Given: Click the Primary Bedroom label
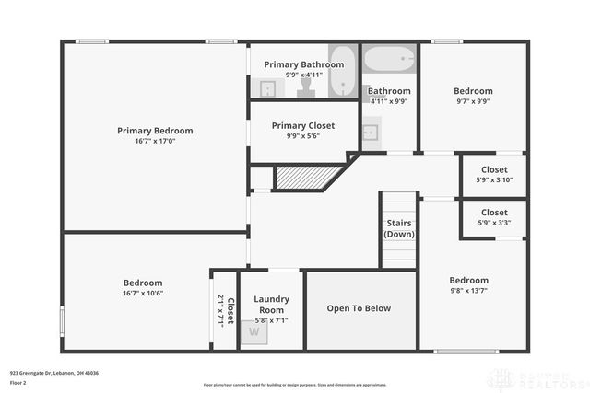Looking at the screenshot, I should click(155, 131).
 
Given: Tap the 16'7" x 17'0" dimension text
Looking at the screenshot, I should click(155, 142).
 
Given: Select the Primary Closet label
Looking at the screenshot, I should click(303, 125).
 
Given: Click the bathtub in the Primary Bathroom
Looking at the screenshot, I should click(342, 72).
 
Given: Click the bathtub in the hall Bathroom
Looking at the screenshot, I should click(390, 60).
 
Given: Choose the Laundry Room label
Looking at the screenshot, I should click(271, 305).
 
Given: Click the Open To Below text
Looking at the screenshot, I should click(359, 309).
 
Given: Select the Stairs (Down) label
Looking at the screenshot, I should click(399, 228).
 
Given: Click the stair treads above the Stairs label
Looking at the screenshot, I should click(399, 204).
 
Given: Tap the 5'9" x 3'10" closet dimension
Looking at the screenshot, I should click(494, 179).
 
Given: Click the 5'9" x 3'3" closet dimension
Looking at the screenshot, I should click(494, 223).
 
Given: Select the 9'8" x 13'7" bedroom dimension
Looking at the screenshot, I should click(468, 291).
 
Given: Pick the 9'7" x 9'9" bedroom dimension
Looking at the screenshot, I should click(473, 102).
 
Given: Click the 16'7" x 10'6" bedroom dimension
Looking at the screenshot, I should click(143, 294).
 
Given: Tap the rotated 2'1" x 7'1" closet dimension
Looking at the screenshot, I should click(220, 311).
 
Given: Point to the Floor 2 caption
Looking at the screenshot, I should click(18, 382).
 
